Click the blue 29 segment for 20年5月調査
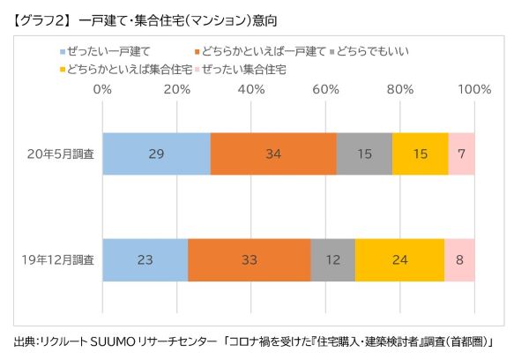coord(156,154)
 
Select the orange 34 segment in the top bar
coord(273,154)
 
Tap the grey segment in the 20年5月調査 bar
coord(364,154)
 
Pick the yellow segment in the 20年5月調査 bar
coord(421,154)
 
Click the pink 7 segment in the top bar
coord(462,154)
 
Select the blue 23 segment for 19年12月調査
coord(145,260)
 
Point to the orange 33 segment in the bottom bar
coord(250,260)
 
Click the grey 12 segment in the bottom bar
coord(333,260)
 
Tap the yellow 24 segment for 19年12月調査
coord(400,260)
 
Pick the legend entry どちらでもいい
coord(377,52)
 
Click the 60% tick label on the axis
coord(326,89)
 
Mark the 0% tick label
coord(102,89)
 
